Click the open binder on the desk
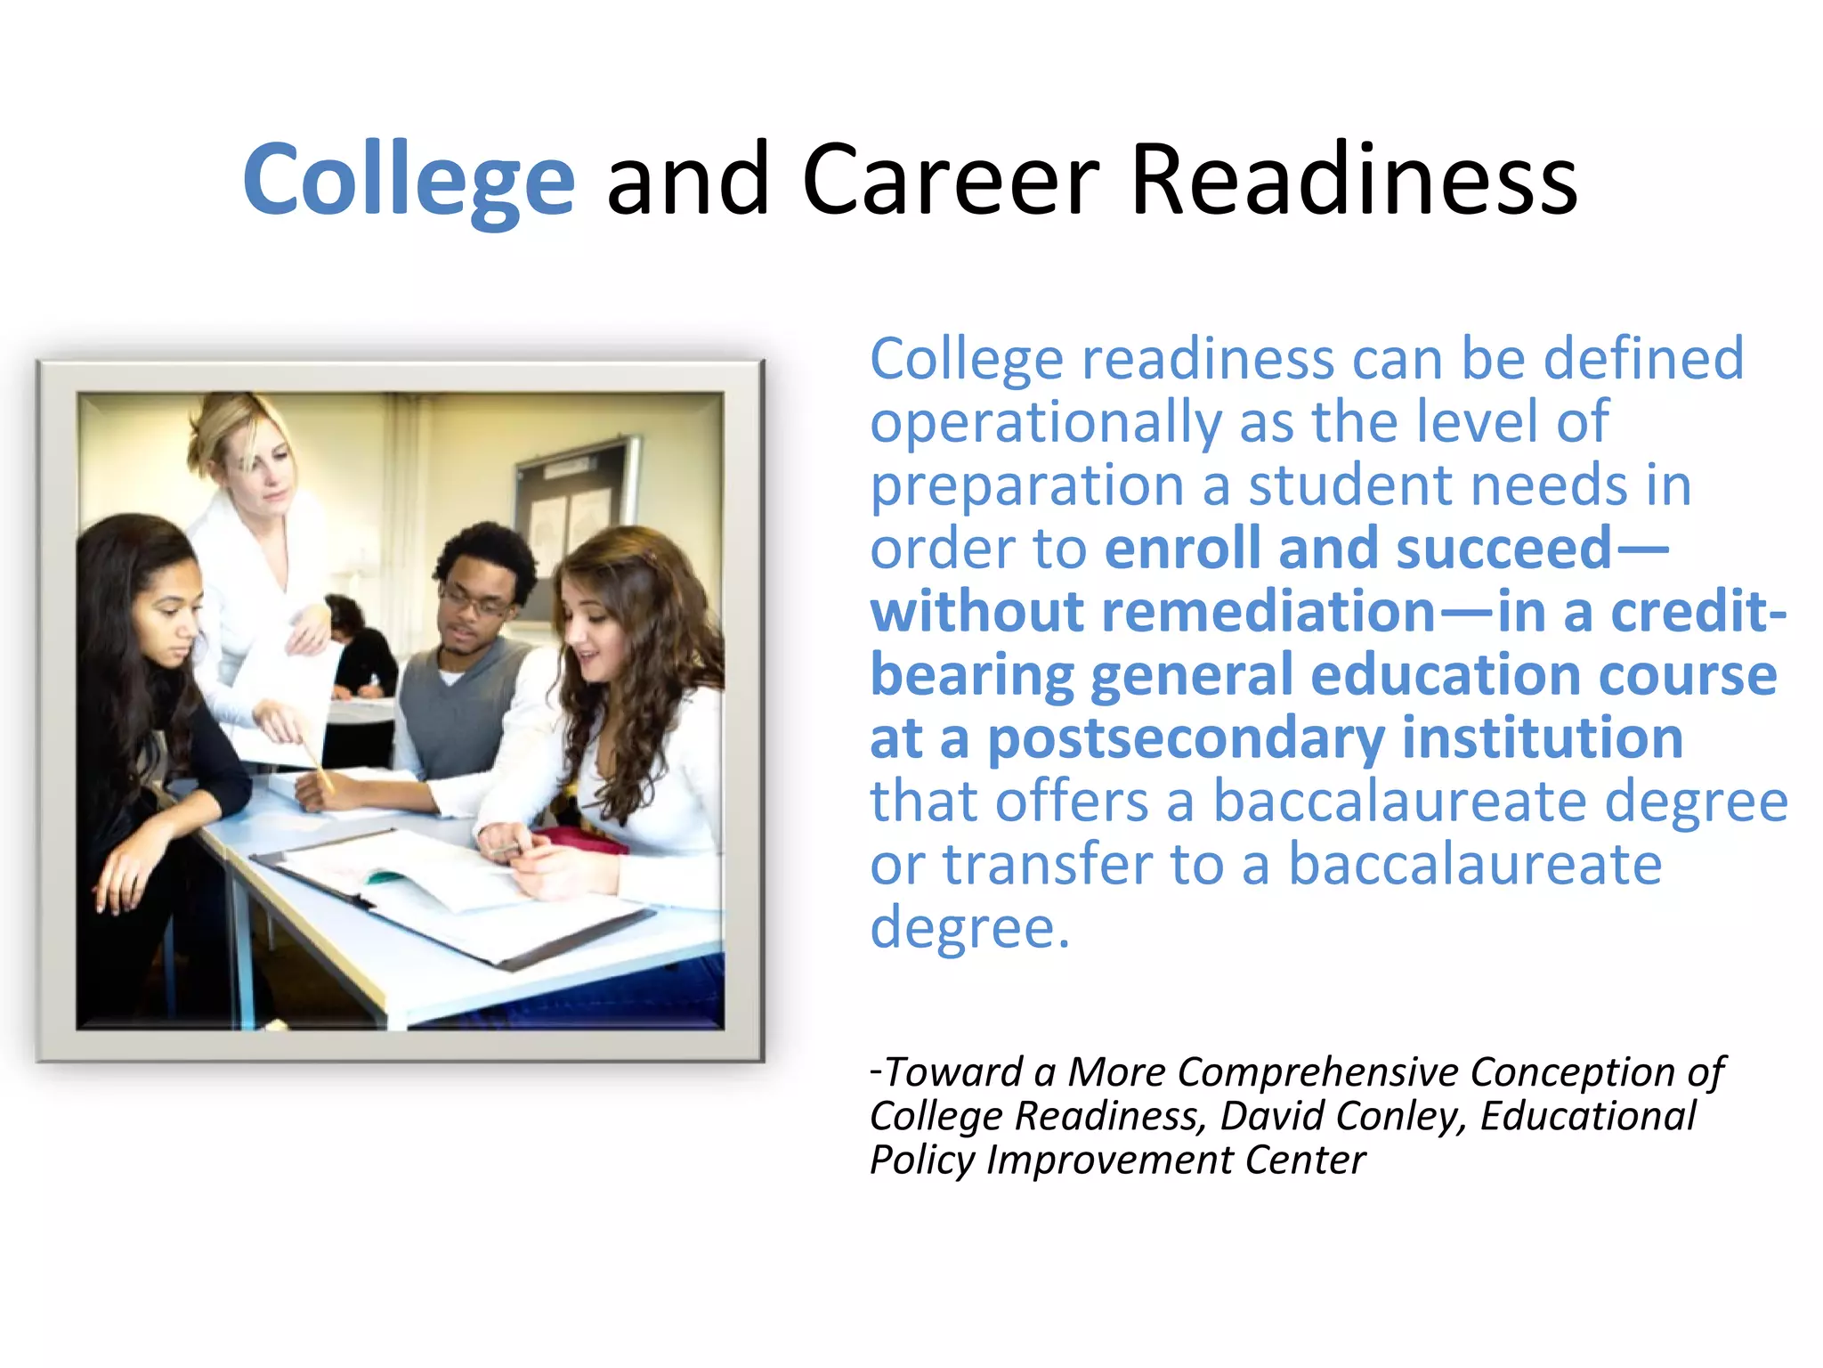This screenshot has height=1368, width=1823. click(463, 900)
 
